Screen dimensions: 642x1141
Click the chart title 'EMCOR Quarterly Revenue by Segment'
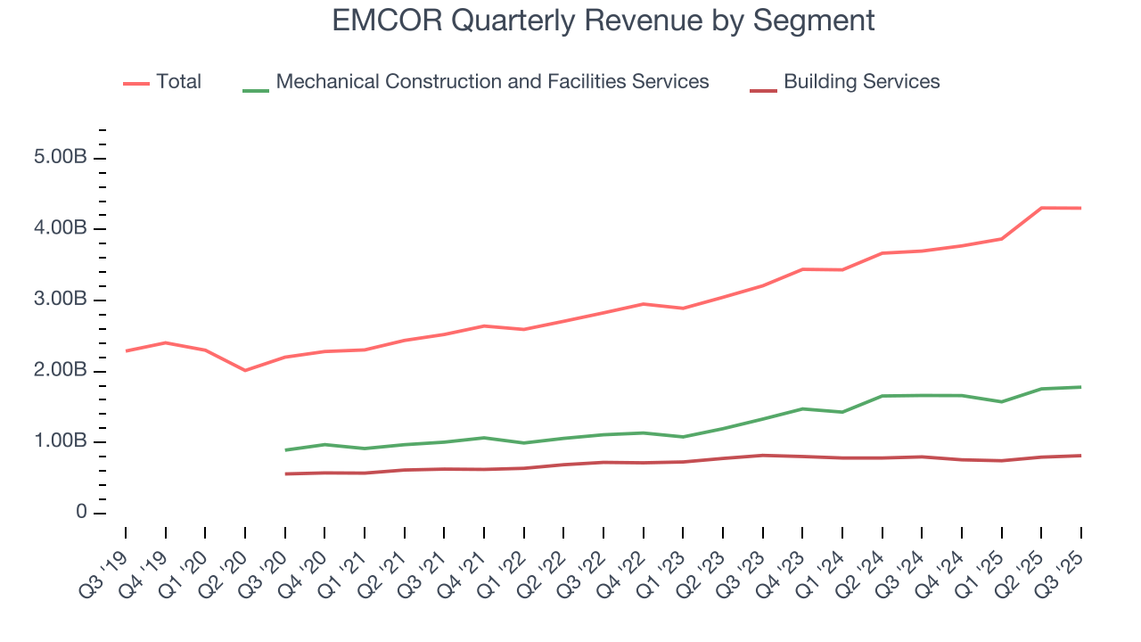point(603,21)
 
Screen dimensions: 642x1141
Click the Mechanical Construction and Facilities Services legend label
point(492,82)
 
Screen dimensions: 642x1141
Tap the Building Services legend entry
point(861,82)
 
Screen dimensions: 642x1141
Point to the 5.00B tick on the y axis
point(62,159)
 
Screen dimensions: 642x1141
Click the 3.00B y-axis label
point(62,300)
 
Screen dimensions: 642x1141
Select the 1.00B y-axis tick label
point(62,442)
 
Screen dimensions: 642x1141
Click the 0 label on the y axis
point(81,514)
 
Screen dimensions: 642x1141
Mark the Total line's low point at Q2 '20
point(245,370)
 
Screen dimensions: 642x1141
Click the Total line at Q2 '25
point(1041,208)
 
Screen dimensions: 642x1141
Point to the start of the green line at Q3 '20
point(285,449)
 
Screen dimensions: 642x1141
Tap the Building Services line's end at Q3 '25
point(1081,456)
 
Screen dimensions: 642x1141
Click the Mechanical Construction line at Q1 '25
point(1001,401)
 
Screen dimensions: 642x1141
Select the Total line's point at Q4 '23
point(802,269)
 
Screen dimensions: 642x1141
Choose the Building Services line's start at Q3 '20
point(285,473)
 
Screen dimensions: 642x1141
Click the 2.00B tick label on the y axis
point(62,371)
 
